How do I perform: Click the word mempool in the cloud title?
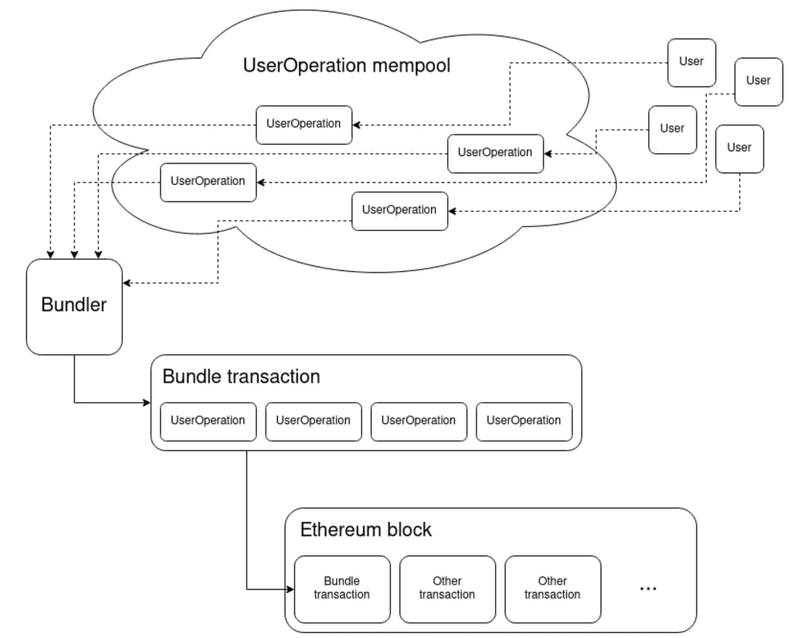pyautogui.click(x=411, y=66)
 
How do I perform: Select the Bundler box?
pyautogui.click(x=74, y=307)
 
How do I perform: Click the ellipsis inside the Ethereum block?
pyautogui.click(x=648, y=588)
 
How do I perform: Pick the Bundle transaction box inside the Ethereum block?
pyautogui.click(x=342, y=589)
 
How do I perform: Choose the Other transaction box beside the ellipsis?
pyautogui.click(x=553, y=589)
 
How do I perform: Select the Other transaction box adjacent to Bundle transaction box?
pyautogui.click(x=447, y=589)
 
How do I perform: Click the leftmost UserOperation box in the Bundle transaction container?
pyautogui.click(x=208, y=422)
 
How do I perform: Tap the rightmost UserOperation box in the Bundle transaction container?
pyautogui.click(x=524, y=422)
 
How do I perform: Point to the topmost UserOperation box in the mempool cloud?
pyautogui.click(x=304, y=125)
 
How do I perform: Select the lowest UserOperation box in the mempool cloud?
pyautogui.click(x=400, y=211)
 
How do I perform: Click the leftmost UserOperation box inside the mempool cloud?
pyautogui.click(x=208, y=183)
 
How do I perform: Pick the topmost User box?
pyautogui.click(x=691, y=63)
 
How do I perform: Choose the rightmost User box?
pyautogui.click(x=758, y=82)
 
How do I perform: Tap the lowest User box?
pyautogui.click(x=739, y=149)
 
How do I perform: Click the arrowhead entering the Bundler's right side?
pyautogui.click(x=127, y=283)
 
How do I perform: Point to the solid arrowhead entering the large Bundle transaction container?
pyautogui.click(x=147, y=403)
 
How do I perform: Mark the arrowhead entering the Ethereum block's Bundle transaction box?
pyautogui.click(x=290, y=589)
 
